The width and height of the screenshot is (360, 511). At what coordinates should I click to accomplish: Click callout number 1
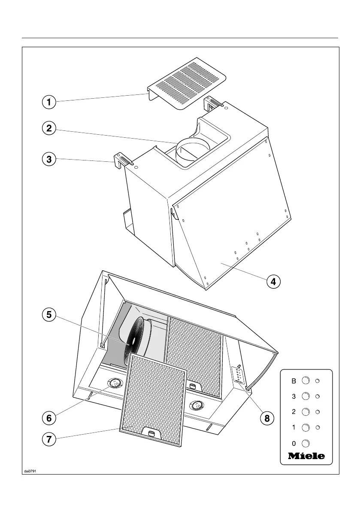(x=49, y=103)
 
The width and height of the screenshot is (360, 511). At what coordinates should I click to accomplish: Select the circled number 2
(x=49, y=128)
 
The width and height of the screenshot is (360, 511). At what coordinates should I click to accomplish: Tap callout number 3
(x=49, y=159)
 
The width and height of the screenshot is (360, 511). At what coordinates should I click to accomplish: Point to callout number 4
(x=273, y=281)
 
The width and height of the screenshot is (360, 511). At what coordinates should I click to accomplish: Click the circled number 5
(x=49, y=314)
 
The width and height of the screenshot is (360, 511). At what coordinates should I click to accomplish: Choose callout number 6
(x=49, y=418)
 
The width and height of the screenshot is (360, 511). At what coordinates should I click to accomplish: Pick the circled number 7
(x=49, y=439)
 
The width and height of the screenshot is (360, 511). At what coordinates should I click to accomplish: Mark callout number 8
(x=267, y=418)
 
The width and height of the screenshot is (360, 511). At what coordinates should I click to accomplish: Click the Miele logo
(x=306, y=456)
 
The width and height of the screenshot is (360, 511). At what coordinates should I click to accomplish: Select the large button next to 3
(x=306, y=396)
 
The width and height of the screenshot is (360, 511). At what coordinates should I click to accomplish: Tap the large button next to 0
(x=306, y=443)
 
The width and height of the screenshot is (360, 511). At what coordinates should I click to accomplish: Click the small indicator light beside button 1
(x=318, y=427)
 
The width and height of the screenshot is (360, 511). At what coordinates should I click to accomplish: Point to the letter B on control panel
(x=293, y=381)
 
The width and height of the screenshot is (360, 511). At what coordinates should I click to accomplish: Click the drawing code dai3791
(x=30, y=471)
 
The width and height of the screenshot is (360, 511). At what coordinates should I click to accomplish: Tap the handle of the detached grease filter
(x=152, y=433)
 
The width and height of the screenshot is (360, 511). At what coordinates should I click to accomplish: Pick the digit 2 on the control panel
(x=293, y=412)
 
